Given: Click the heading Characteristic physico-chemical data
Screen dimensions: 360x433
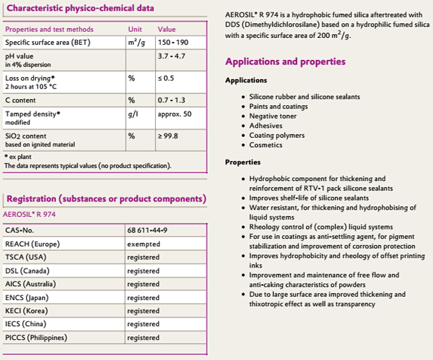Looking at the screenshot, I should pyautogui.click(x=79, y=8).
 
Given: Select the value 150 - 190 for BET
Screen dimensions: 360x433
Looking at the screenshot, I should pyautogui.click(x=172, y=42).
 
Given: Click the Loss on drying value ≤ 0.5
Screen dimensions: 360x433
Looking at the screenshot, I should pyautogui.click(x=167, y=78).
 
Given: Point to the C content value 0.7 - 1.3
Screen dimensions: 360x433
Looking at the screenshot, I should pyautogui.click(x=171, y=100).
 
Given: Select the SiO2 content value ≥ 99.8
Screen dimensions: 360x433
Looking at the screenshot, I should pyautogui.click(x=169, y=136).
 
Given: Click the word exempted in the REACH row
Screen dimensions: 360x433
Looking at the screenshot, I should pyautogui.click(x=143, y=244).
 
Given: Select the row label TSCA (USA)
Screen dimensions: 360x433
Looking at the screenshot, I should pyautogui.click(x=25, y=257).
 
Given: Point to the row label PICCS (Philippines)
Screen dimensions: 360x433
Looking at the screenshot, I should pyautogui.click(x=37, y=337).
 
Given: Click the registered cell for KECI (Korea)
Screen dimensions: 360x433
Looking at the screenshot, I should pyautogui.click(x=143, y=311).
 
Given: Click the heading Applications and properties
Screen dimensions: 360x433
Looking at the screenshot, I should pyautogui.click(x=285, y=62).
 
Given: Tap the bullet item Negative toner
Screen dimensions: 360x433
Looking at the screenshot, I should pyautogui.click(x=272, y=116).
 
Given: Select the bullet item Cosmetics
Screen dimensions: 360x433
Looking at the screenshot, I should pyautogui.click(x=266, y=144).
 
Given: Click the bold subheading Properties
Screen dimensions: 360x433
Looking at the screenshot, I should pyautogui.click(x=242, y=162).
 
